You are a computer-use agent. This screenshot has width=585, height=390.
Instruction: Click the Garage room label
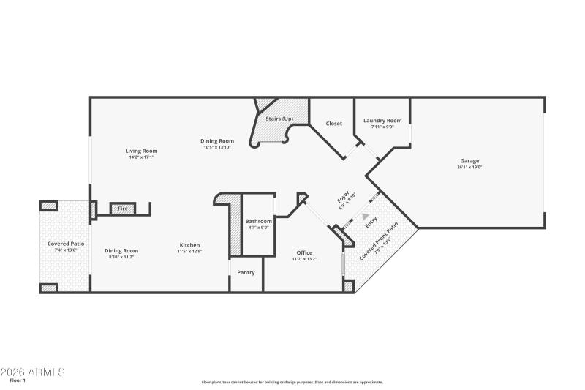tap(469, 161)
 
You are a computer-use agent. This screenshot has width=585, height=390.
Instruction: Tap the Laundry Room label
tap(382, 121)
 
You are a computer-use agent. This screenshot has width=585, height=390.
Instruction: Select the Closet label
tap(333, 124)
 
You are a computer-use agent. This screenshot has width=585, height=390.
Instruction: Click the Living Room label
tap(142, 151)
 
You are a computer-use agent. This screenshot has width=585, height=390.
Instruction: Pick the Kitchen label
tap(190, 245)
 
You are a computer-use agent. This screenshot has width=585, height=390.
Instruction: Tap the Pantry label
tap(246, 273)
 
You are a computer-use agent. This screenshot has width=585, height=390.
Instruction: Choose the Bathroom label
tap(258, 221)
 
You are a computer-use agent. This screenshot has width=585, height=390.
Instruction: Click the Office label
tap(304, 253)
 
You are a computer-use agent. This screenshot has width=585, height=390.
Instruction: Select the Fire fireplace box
tap(122, 209)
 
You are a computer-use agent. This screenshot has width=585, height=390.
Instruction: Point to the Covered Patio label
tap(66, 244)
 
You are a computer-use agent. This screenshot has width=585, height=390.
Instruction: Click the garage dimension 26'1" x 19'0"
tap(469, 168)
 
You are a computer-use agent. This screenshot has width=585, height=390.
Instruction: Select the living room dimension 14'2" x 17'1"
tap(142, 157)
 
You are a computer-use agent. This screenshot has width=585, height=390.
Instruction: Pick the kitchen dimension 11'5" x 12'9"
tap(190, 252)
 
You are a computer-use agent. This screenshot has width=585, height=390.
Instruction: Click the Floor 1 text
tap(17, 380)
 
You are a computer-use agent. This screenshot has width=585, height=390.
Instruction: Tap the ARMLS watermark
tap(33, 372)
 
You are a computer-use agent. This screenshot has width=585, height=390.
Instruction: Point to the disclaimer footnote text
tap(292, 382)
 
